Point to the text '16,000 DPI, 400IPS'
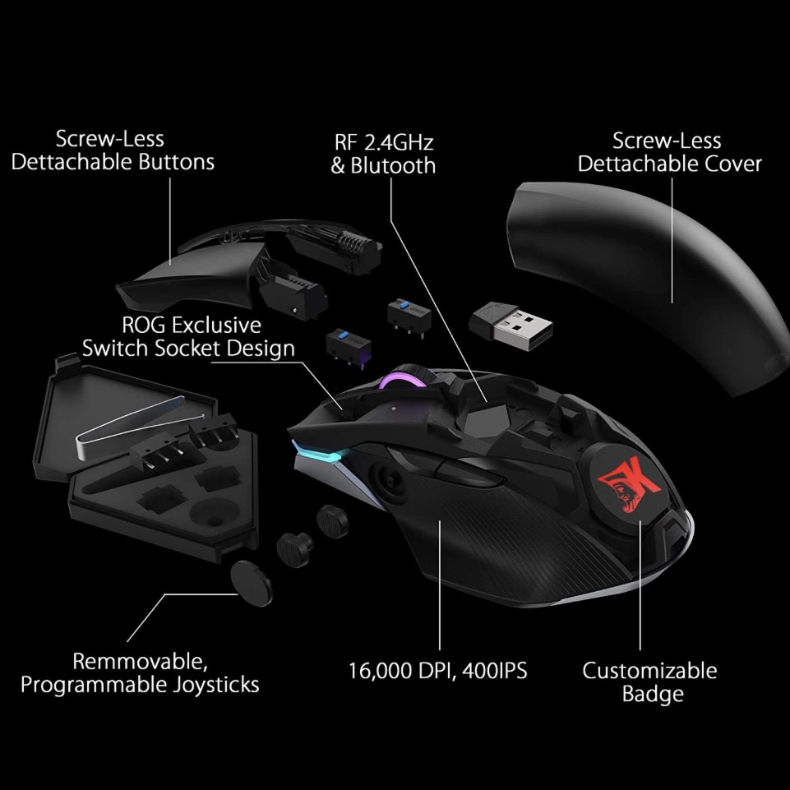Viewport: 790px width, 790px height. click(x=438, y=670)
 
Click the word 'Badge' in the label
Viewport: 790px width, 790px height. click(x=652, y=695)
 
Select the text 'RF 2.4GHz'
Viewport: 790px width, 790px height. click(x=382, y=141)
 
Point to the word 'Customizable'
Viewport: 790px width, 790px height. click(x=649, y=670)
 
